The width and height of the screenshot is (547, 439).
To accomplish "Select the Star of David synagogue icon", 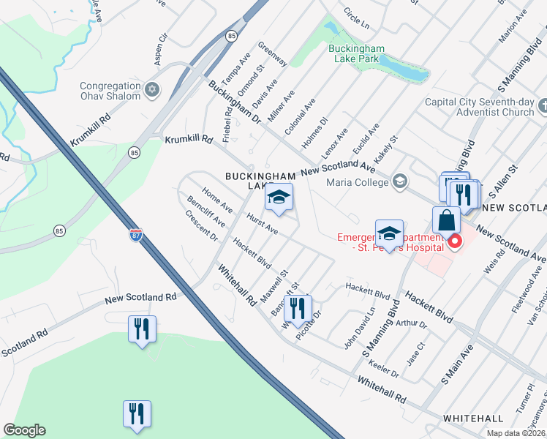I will (152, 90).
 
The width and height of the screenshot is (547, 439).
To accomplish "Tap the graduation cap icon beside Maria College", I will (400, 181).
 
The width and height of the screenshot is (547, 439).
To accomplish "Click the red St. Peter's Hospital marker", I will (455, 240).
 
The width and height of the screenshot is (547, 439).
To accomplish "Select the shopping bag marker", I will (445, 220).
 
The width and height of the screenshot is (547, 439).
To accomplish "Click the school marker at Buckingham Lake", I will (279, 198).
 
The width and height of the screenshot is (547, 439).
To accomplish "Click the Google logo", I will (25, 430).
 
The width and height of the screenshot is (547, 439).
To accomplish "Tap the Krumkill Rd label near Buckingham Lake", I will (188, 138).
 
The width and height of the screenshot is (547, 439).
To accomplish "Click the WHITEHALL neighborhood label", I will (472, 418).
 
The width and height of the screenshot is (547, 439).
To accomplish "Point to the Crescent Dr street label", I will (202, 226).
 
